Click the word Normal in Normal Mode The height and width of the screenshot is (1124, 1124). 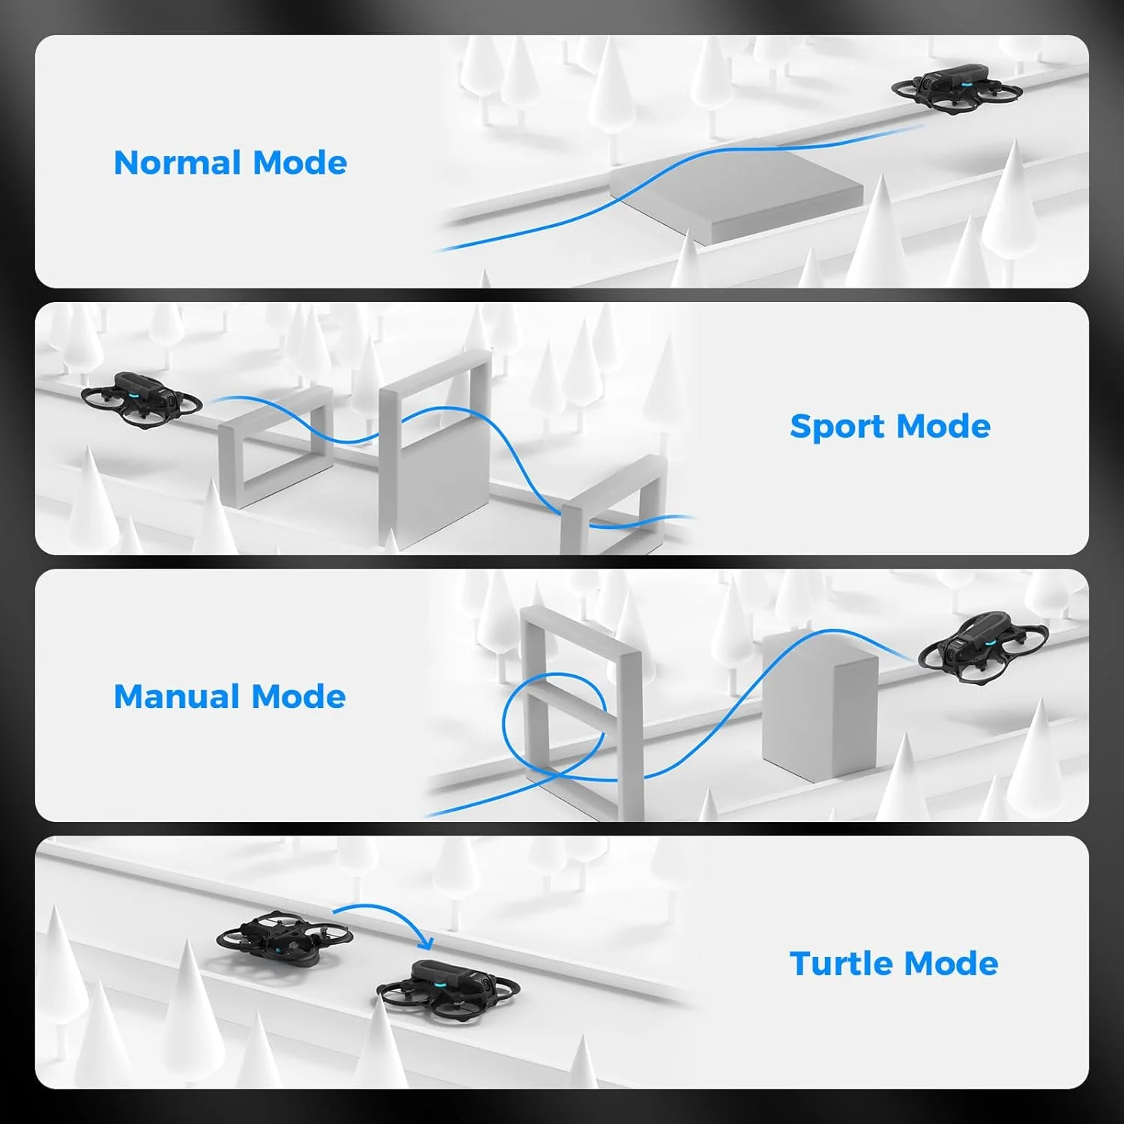[178, 163]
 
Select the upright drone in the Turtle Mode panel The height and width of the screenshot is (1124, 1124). [447, 988]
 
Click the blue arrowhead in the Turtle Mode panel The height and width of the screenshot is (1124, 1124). [426, 942]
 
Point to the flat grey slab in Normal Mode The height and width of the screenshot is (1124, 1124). [738, 194]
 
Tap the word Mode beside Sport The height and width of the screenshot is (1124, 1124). [943, 427]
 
